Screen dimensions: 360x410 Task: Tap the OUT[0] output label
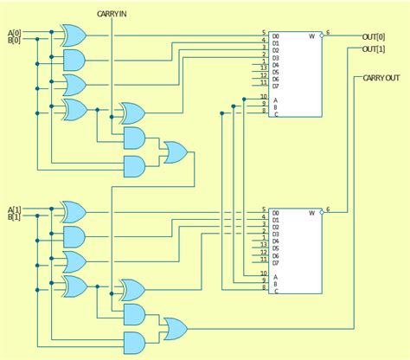pos(375,36)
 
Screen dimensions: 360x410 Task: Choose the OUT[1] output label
pos(375,50)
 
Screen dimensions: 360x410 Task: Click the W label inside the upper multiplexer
pos(311,35)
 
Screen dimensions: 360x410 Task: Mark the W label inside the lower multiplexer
pos(311,213)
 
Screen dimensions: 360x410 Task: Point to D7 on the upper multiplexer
pos(276,87)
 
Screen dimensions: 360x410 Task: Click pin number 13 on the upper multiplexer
pos(263,65)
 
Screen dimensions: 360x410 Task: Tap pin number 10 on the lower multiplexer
pos(263,272)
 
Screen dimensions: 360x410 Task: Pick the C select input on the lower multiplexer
pos(276,291)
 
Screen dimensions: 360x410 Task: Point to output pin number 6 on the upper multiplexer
pos(327,32)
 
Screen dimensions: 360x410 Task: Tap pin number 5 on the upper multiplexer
pos(264,34)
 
